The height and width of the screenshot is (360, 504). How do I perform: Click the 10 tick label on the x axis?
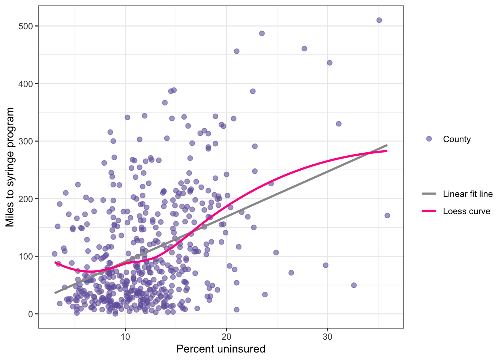point(125,337)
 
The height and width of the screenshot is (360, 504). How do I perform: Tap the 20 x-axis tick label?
point(226,337)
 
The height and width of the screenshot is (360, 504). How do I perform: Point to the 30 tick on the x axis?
point(328,337)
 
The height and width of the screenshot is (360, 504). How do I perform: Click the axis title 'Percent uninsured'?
point(220,349)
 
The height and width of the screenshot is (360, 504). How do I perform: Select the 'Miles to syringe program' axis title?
point(10,167)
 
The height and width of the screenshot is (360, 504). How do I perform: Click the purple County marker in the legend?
point(429,139)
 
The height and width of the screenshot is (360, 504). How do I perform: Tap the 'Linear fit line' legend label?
point(468,194)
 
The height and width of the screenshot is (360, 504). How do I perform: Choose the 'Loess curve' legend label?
point(466,211)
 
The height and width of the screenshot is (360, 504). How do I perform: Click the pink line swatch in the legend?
point(429,211)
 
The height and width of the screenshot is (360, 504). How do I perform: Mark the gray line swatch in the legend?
point(429,194)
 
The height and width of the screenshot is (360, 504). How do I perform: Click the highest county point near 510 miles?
point(379,20)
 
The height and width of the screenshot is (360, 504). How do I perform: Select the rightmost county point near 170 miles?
point(387,216)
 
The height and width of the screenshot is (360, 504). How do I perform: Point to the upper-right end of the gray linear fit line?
point(387,145)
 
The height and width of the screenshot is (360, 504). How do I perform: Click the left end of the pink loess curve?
point(55,262)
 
